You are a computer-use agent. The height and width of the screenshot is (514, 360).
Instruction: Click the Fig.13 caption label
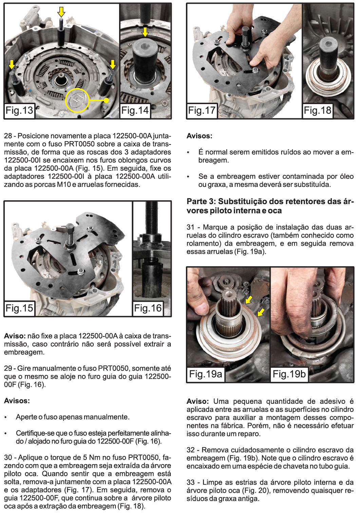(x=19, y=110)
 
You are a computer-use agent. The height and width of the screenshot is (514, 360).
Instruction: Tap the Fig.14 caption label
(x=135, y=110)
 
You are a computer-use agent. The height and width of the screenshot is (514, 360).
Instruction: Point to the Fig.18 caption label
(x=317, y=110)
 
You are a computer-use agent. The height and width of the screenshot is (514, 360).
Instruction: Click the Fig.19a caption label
(x=206, y=374)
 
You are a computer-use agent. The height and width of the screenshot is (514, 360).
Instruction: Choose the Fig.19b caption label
(x=289, y=374)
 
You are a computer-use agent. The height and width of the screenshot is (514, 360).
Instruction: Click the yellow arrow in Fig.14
(x=145, y=32)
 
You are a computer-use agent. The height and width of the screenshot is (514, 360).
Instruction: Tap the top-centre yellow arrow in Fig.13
(x=61, y=12)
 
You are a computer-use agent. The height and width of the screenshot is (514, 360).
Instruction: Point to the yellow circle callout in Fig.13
(x=77, y=100)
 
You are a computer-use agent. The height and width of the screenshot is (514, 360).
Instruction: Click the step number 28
(x=8, y=136)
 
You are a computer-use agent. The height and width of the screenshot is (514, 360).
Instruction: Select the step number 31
(x=191, y=227)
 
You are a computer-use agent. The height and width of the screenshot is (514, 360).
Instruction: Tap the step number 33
(x=191, y=482)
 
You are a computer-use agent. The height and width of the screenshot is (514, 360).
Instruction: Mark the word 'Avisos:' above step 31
(x=199, y=136)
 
